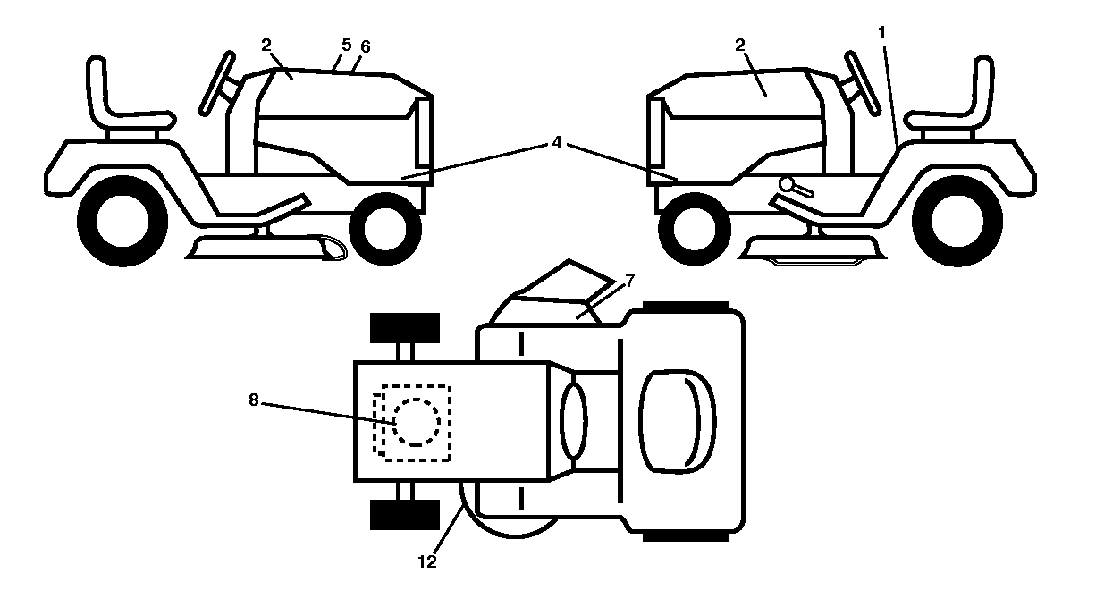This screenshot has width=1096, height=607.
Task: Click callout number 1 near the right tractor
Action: tap(882, 33)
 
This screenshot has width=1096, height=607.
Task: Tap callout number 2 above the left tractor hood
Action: tap(266, 45)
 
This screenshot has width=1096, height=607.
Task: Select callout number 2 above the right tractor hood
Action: tap(740, 45)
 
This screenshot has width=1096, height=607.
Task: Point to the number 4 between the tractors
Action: tap(557, 142)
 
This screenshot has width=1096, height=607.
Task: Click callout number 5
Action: tap(347, 45)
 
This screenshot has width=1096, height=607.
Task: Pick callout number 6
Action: tap(365, 46)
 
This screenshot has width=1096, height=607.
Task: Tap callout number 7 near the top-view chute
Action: tap(629, 281)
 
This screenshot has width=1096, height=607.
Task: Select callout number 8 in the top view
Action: tap(254, 400)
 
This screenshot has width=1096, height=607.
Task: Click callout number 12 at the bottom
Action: tap(427, 562)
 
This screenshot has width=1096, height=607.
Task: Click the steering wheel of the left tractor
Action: tap(217, 83)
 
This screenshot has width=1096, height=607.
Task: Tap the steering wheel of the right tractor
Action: tap(863, 83)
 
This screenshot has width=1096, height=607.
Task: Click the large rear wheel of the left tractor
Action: tap(122, 221)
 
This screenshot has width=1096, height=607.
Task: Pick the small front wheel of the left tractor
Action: tap(385, 229)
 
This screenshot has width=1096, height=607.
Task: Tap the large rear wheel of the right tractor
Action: tap(957, 221)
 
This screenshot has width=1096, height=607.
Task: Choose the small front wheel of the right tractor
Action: tap(695, 229)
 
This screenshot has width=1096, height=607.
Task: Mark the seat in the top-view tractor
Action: tap(678, 422)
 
